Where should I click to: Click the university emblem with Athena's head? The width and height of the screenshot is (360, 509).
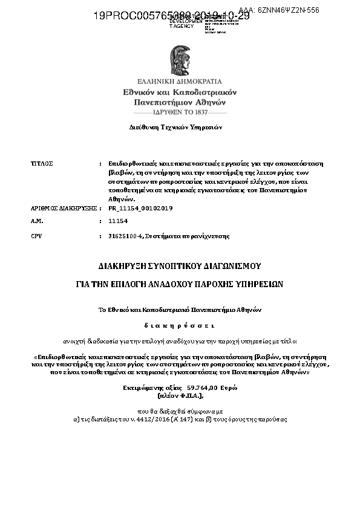pyautogui.click(x=180, y=58)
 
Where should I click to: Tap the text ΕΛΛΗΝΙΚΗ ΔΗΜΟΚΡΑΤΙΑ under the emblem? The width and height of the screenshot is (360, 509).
pyautogui.click(x=180, y=81)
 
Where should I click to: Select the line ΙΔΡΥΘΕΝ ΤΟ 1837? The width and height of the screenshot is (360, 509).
pyautogui.click(x=180, y=112)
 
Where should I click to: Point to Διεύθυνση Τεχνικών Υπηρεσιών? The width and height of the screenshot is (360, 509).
pyautogui.click(x=176, y=128)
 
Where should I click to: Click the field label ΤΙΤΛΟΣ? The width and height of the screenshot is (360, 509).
pyautogui.click(x=42, y=164)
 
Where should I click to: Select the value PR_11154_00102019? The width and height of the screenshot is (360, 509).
pyautogui.click(x=140, y=207)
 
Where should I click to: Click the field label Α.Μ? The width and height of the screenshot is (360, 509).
pyautogui.click(x=36, y=222)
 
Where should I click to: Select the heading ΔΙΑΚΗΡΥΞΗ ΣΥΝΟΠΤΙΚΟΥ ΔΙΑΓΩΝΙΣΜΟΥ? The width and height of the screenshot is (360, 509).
pyautogui.click(x=180, y=265)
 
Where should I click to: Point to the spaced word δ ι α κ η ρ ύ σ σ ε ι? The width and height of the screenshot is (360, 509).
pyautogui.click(x=180, y=324)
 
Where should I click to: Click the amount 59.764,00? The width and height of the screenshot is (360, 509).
pyautogui.click(x=202, y=387)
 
